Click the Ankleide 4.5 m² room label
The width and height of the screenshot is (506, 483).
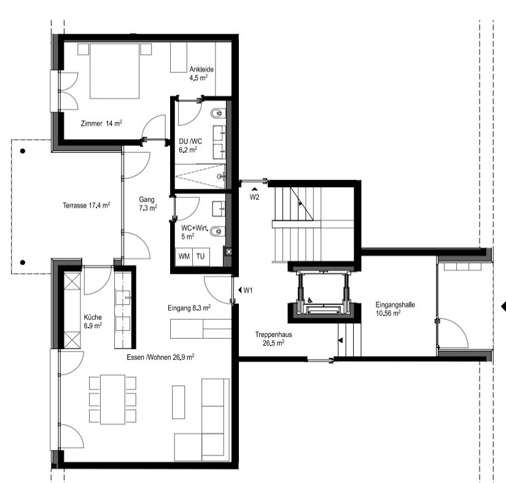pyautogui.click(x=201, y=74)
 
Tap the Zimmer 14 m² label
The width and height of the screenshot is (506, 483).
pyautogui.click(x=101, y=123)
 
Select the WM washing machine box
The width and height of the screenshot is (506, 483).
pyautogui.click(x=184, y=257)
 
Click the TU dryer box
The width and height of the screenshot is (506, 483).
pyautogui.click(x=201, y=257)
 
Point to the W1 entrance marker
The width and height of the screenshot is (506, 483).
pyautogui.click(x=245, y=290)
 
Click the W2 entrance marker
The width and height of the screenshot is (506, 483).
pyautogui.click(x=254, y=195)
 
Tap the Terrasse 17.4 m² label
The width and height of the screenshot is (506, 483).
pyautogui.click(x=87, y=205)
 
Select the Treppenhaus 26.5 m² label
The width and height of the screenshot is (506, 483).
pyautogui.click(x=273, y=339)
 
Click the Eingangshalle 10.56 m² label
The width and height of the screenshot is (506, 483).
pyautogui.click(x=395, y=309)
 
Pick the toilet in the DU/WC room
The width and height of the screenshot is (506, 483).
pyautogui.click(x=217, y=114)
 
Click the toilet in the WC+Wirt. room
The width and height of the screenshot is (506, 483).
pyautogui.click(x=217, y=231)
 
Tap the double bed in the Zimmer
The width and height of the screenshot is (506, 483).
pyautogui.click(x=115, y=71)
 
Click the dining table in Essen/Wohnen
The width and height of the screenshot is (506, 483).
pyautogui.click(x=112, y=400)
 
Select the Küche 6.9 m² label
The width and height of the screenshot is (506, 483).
pyautogui.click(x=93, y=321)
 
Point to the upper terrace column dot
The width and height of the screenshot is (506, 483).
pyautogui.click(x=23, y=151)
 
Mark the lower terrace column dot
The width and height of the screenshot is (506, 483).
pyautogui.click(x=23, y=263)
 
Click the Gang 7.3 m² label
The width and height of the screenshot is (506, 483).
pyautogui.click(x=148, y=204)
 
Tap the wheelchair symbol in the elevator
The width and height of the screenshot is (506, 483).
pyautogui.click(x=309, y=300)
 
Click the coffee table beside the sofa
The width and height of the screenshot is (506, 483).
pyautogui.click(x=179, y=402)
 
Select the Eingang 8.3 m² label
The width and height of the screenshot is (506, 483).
pyautogui.click(x=189, y=308)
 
